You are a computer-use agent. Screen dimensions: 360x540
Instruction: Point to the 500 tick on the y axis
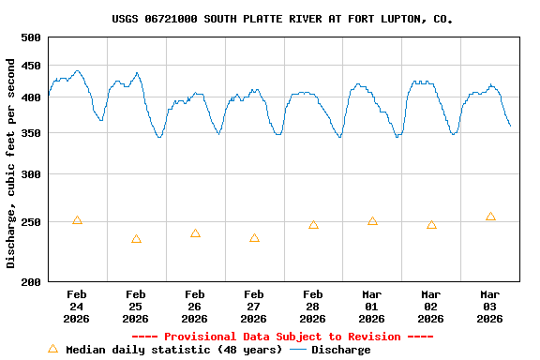click(x=31, y=37)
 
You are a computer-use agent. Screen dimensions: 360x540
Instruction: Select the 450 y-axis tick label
click(x=31, y=66)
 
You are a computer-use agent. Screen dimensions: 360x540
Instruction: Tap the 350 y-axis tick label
click(x=31, y=133)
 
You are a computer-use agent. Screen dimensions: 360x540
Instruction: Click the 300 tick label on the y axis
click(x=31, y=174)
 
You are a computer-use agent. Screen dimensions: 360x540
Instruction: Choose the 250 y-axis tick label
click(x=31, y=222)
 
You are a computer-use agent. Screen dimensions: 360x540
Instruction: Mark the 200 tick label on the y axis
click(x=31, y=281)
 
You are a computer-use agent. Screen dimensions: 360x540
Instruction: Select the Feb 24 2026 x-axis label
click(x=77, y=307)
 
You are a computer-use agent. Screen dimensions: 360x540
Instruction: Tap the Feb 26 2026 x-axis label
click(x=195, y=307)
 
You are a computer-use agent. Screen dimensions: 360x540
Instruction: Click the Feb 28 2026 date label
click(x=313, y=307)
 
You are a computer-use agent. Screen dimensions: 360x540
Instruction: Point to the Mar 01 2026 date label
click(x=372, y=307)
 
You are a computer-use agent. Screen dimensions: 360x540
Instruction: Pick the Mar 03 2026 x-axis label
click(x=490, y=307)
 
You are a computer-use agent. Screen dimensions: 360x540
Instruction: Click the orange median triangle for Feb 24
click(x=77, y=220)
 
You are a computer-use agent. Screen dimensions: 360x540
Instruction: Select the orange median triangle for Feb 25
click(x=136, y=239)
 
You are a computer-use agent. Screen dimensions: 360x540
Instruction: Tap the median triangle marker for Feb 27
click(x=254, y=238)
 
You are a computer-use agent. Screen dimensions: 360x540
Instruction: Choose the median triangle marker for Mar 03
click(x=490, y=217)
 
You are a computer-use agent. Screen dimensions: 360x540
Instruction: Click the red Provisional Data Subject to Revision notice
click(x=282, y=337)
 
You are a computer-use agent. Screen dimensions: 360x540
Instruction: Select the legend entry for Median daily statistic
click(x=165, y=350)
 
